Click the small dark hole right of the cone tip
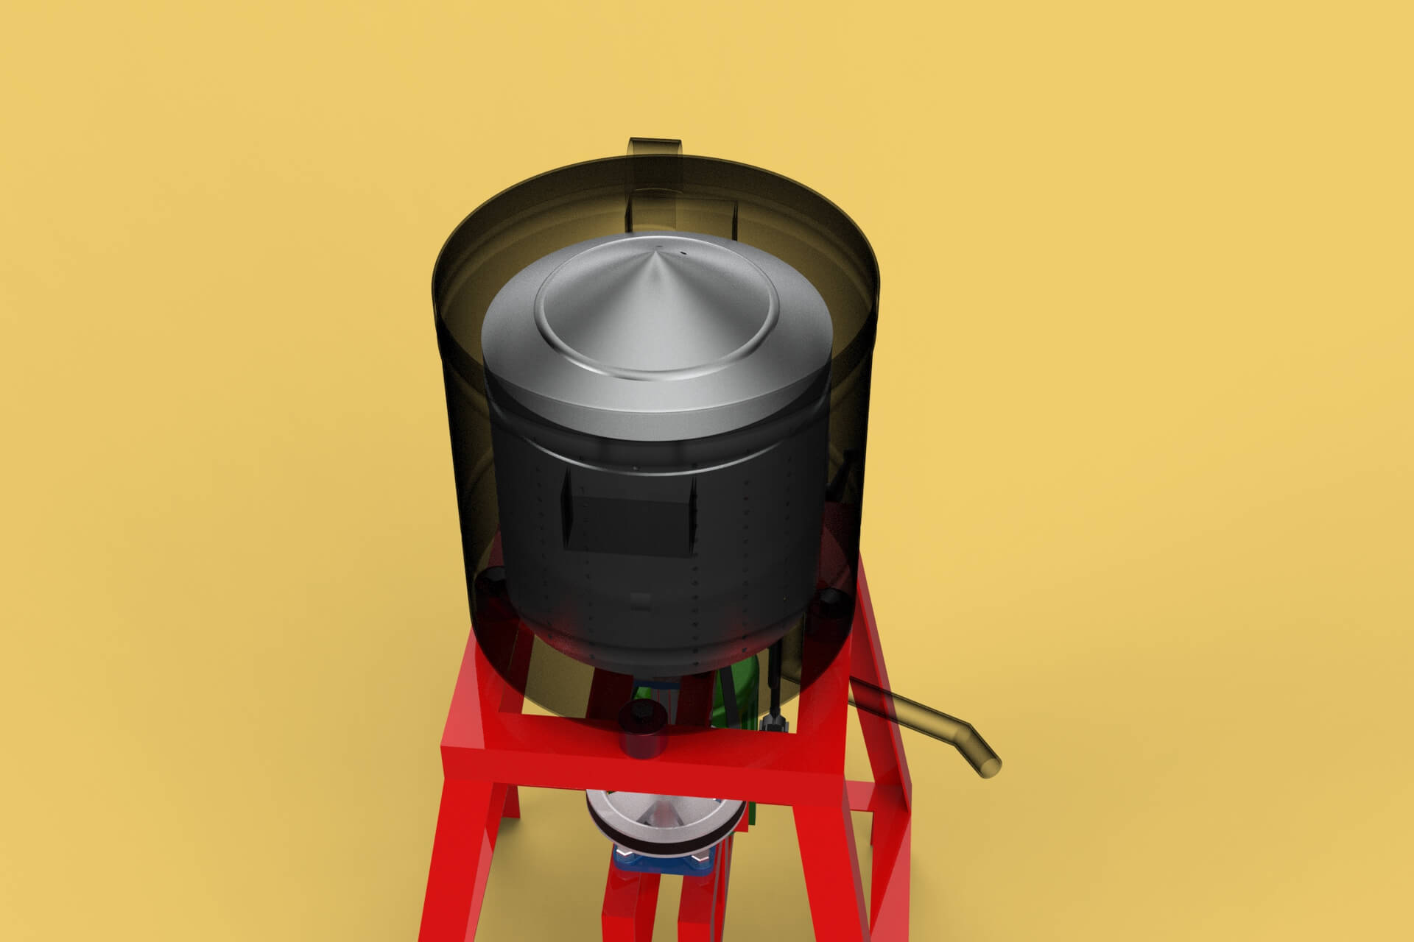click(x=684, y=253)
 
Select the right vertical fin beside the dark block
click(x=693, y=515)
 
